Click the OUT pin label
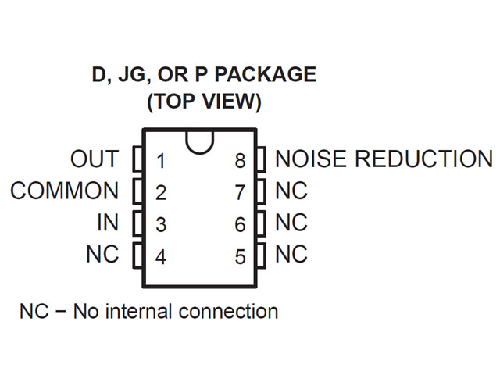(94, 159)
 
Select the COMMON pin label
(65, 191)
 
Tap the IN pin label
(107, 223)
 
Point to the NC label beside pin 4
(102, 254)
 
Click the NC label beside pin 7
(291, 191)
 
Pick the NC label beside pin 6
(291, 223)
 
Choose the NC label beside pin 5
(291, 254)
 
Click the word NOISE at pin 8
(312, 159)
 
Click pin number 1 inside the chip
(161, 162)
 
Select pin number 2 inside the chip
(161, 193)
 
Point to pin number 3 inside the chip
(161, 225)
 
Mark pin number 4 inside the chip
(161, 256)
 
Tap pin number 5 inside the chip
(240, 256)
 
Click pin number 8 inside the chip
(240, 162)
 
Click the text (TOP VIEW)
(203, 102)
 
